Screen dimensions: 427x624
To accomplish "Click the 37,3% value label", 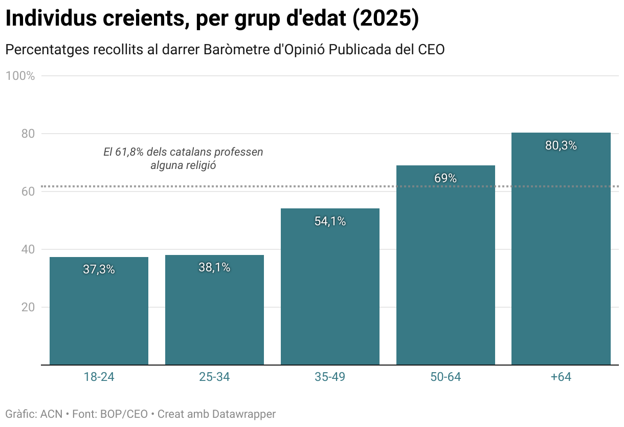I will click(99, 269).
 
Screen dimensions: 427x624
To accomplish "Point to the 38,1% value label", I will click(214, 267).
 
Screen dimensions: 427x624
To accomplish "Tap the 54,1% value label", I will click(330, 221).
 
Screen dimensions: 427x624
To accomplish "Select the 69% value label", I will click(445, 178).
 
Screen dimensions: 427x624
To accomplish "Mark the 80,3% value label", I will click(561, 145).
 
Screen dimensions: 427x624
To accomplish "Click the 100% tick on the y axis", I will click(20, 76).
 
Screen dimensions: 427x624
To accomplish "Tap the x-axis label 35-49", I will click(330, 377).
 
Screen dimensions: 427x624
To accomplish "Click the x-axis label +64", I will click(561, 377).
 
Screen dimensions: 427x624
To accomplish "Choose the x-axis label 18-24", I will click(99, 377).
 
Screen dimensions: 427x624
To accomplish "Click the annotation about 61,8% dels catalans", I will click(183, 159).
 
